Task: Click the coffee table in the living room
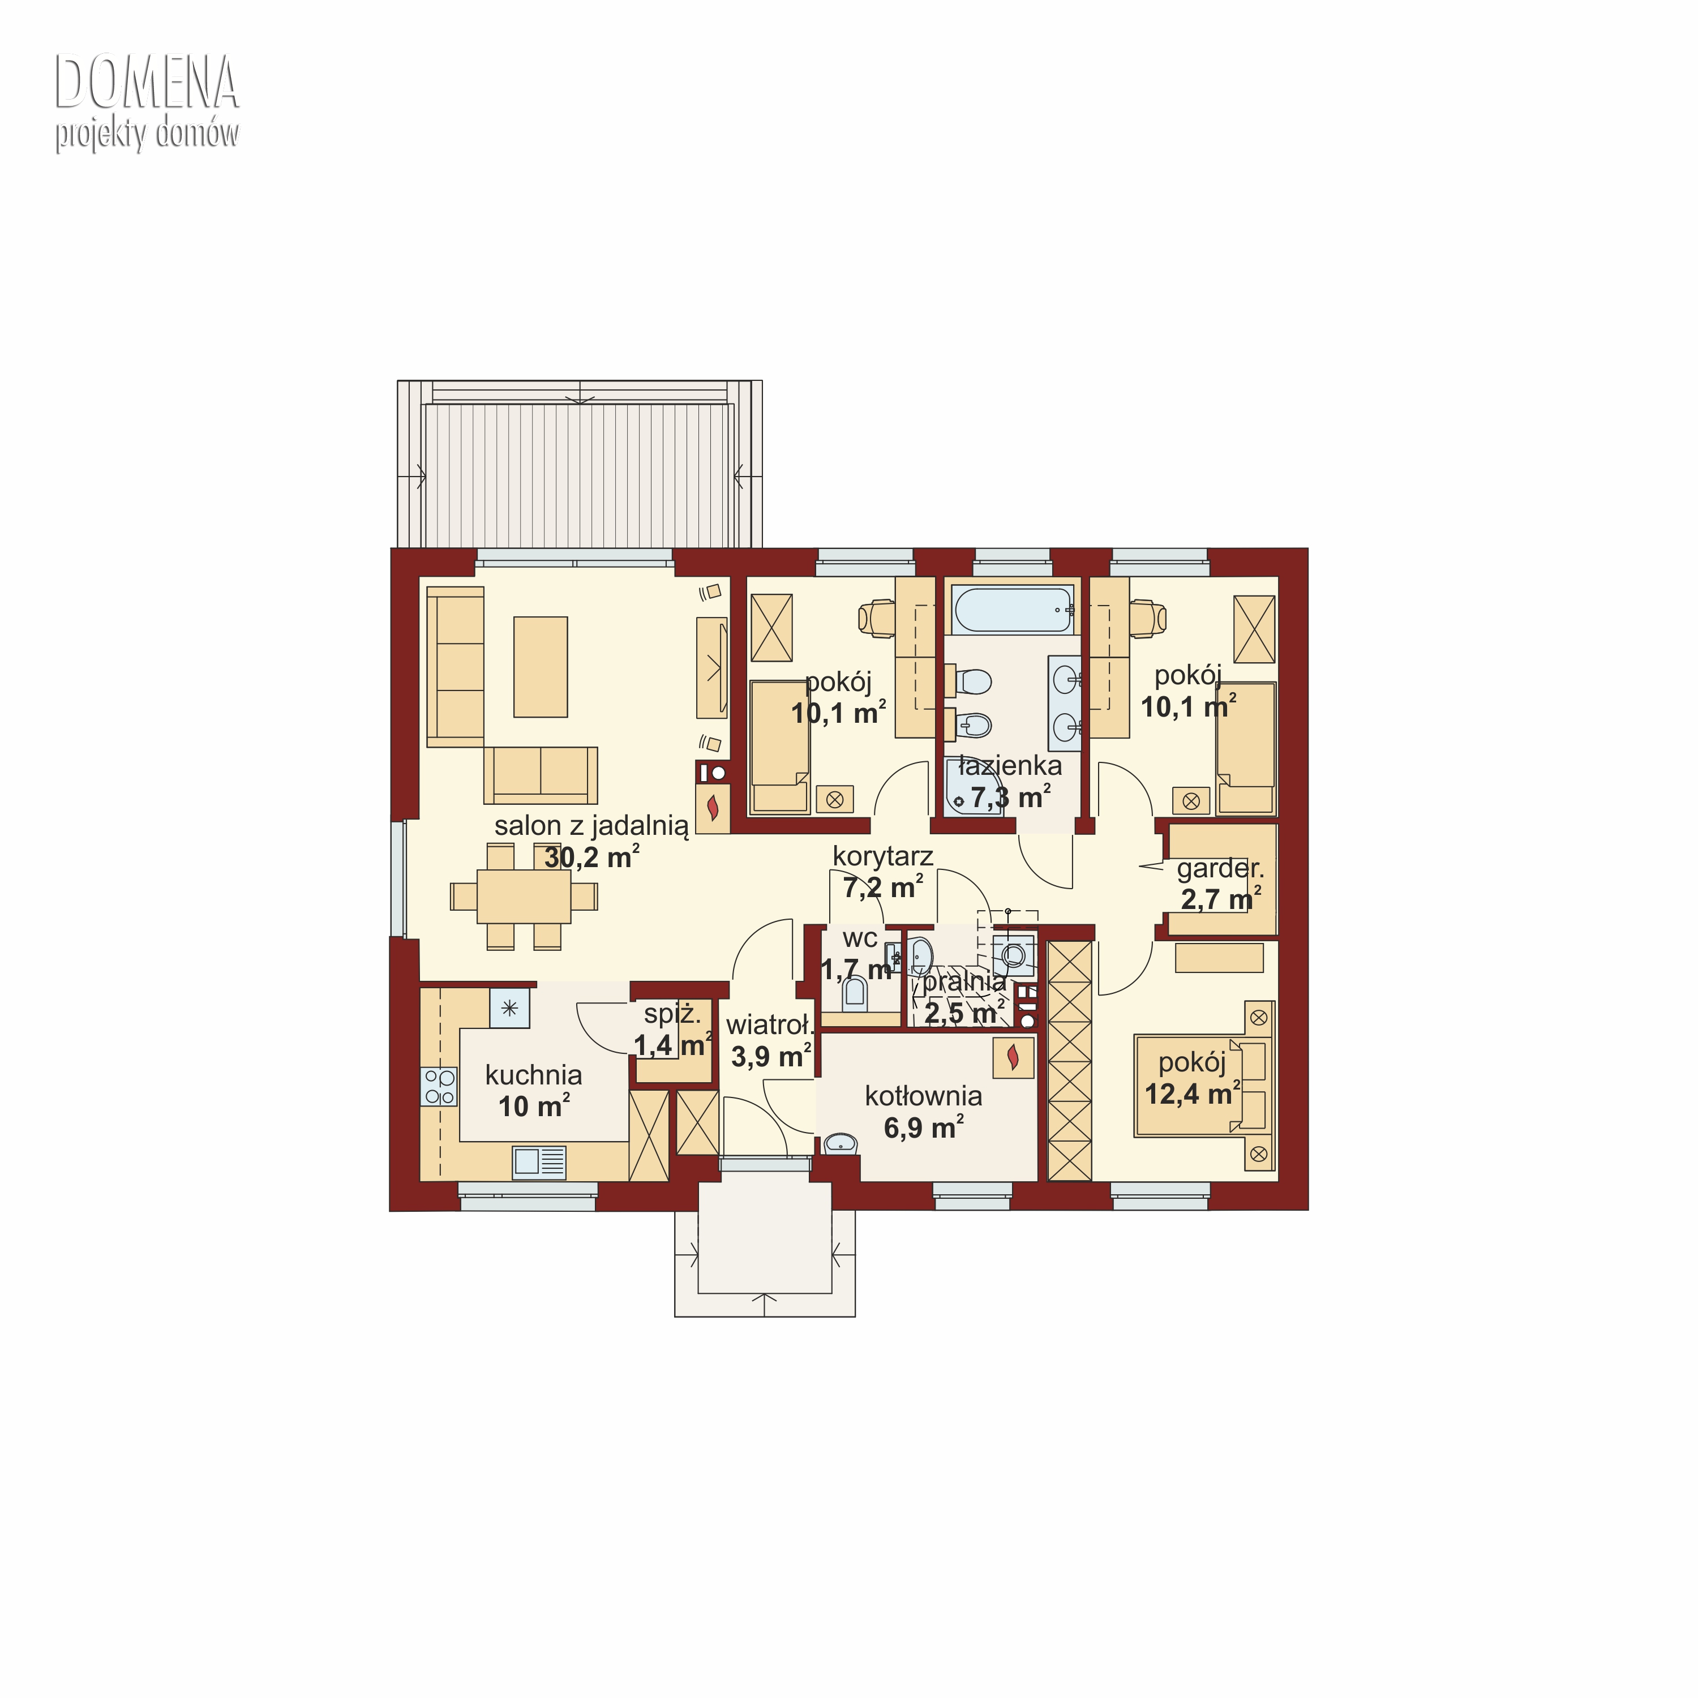pyautogui.click(x=541, y=666)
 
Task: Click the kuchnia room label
pyautogui.click(x=534, y=1075)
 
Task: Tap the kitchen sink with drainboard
pyautogui.click(x=539, y=1162)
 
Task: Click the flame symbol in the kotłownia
pyautogui.click(x=1013, y=1056)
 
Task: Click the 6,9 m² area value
pyautogui.click(x=924, y=1127)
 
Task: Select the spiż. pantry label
pyautogui.click(x=672, y=1014)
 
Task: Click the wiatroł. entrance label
pyautogui.click(x=770, y=1025)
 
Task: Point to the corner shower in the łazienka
pyautogui.click(x=972, y=787)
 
